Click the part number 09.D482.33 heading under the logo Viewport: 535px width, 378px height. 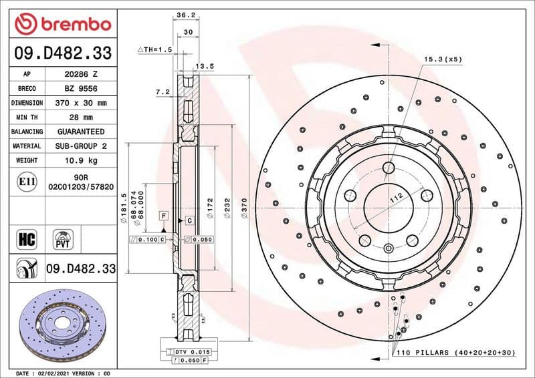click(x=63, y=53)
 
